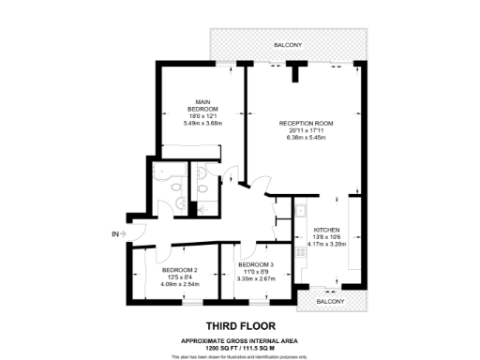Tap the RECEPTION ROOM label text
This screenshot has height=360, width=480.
[307, 123]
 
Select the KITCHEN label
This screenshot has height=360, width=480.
[324, 230]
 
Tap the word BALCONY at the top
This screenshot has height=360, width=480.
[288, 44]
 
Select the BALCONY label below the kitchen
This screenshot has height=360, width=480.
[329, 301]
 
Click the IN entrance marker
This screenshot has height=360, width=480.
[114, 233]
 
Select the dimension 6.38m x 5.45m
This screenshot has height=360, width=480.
[307, 138]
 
